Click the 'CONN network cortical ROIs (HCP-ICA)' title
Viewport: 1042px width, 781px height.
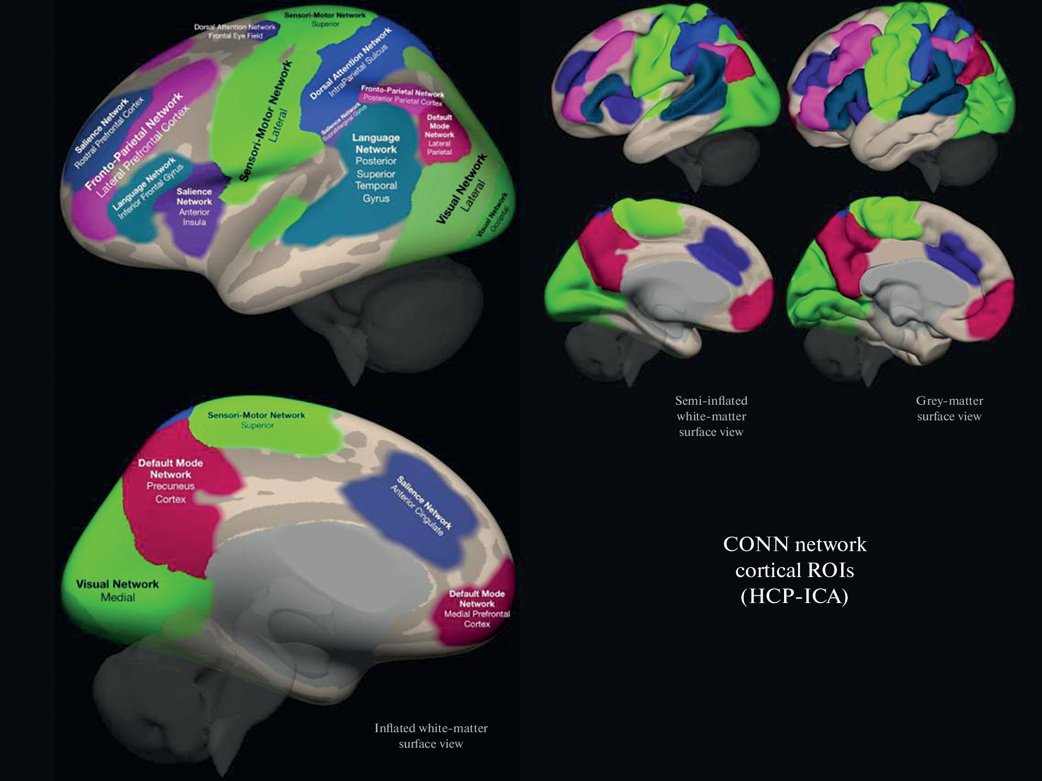(x=794, y=570)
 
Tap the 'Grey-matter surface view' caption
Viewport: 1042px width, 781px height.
(x=949, y=408)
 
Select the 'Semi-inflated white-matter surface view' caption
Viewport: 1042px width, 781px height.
(x=711, y=416)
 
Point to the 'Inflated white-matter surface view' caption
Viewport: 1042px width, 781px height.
(x=431, y=735)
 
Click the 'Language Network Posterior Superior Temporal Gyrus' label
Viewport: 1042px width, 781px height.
(x=376, y=168)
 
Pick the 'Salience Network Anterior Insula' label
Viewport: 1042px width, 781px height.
(x=194, y=207)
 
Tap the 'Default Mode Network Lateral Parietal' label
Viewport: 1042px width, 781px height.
(x=439, y=134)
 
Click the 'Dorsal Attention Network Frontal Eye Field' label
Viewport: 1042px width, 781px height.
(x=235, y=31)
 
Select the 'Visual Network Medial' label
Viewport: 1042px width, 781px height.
(x=117, y=591)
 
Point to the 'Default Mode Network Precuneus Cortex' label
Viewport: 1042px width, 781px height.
(x=170, y=481)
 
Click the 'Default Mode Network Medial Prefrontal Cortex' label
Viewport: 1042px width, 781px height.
(x=477, y=609)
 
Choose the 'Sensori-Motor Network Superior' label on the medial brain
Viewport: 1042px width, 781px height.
(x=256, y=420)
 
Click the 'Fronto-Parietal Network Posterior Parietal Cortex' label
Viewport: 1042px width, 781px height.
(x=403, y=95)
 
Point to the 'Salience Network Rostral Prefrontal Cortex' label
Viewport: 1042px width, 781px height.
(x=107, y=134)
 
